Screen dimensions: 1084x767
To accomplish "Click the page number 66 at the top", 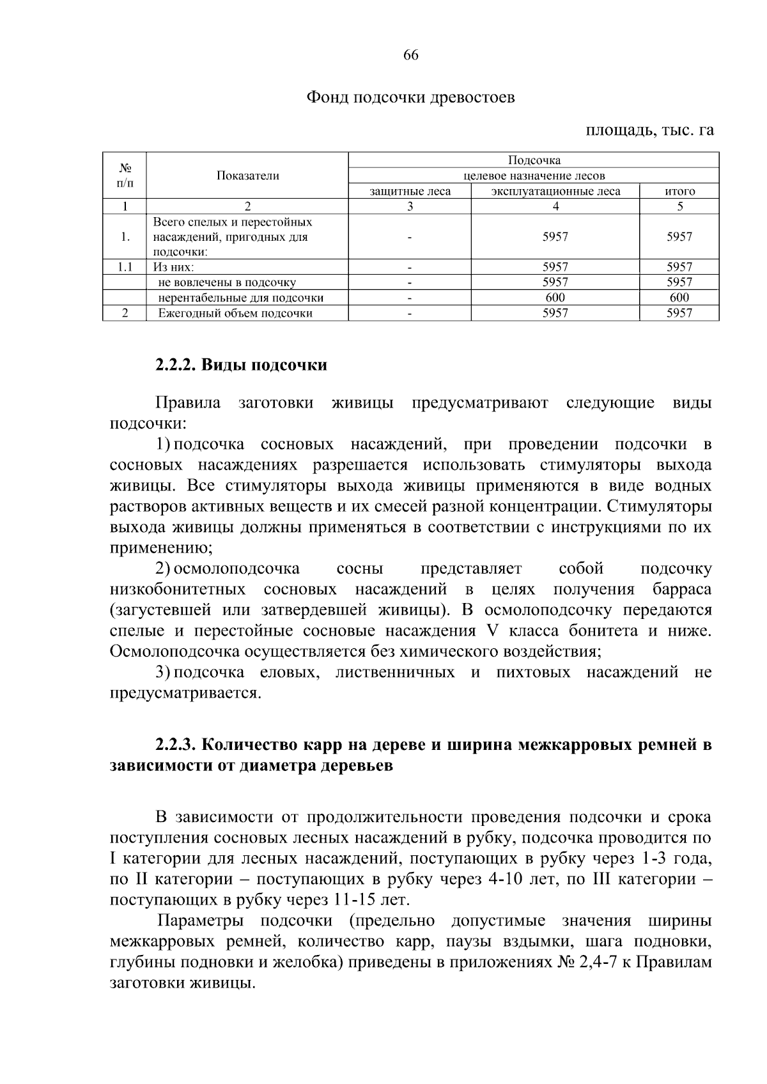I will point(410,55).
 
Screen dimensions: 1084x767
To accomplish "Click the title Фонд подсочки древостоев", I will point(410,98).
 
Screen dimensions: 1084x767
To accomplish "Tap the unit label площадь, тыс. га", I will point(649,130).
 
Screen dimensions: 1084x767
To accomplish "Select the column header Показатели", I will point(247,176).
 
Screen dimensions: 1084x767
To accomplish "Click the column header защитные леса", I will point(410,191).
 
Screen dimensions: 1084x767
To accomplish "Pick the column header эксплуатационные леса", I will point(555,191).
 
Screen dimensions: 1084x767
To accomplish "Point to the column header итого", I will point(679,191).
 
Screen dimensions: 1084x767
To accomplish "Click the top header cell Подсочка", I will point(534,160).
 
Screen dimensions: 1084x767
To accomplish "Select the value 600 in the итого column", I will point(679,298).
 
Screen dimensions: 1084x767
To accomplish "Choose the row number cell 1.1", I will point(125,267).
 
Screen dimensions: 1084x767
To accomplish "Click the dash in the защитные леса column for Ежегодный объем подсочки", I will point(410,313).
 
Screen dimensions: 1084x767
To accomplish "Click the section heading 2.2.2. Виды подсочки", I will point(241,365).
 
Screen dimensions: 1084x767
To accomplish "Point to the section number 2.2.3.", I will point(178,745).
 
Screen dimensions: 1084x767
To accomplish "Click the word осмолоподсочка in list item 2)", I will point(237,569).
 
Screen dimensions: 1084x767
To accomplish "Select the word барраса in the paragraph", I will point(682,589).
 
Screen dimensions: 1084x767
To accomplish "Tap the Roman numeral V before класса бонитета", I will point(492,630).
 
